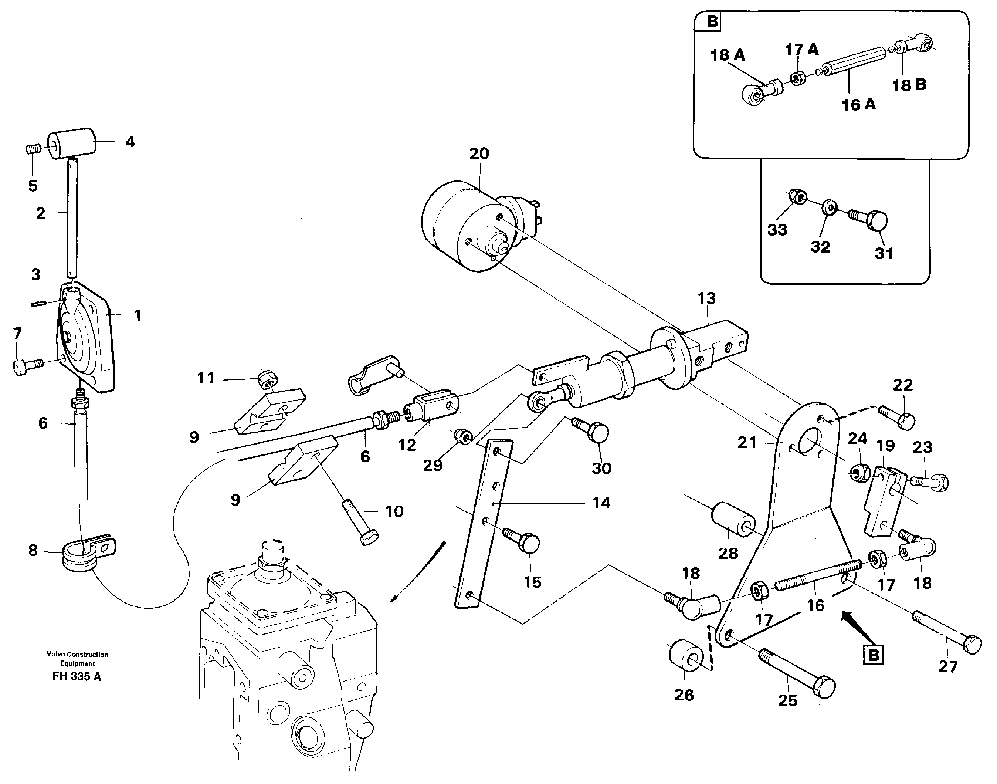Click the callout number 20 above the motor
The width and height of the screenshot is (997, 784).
[479, 154]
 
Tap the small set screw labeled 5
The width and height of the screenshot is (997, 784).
[32, 149]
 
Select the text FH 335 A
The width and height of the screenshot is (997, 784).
[77, 677]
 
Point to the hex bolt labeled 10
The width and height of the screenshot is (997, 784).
[361, 523]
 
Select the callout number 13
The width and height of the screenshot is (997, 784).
[706, 299]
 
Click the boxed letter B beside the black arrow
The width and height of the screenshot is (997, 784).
[873, 655]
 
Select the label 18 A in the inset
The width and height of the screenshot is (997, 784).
[727, 55]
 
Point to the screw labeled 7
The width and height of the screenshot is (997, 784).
[26, 365]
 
